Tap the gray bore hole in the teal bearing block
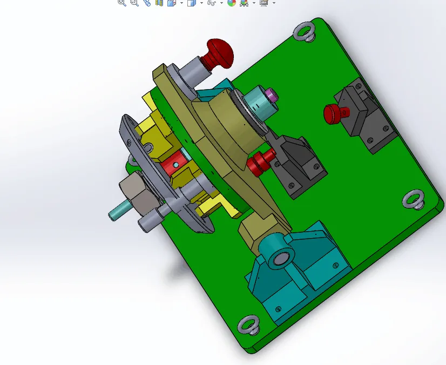pyautogui.click(x=280, y=259)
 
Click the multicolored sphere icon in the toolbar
pyautogui.click(x=232, y=3)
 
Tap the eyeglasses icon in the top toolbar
pyautogui.click(x=212, y=3)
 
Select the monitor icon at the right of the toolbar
pyautogui.click(x=264, y=3)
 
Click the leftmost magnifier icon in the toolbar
pyautogui.click(x=122, y=3)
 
